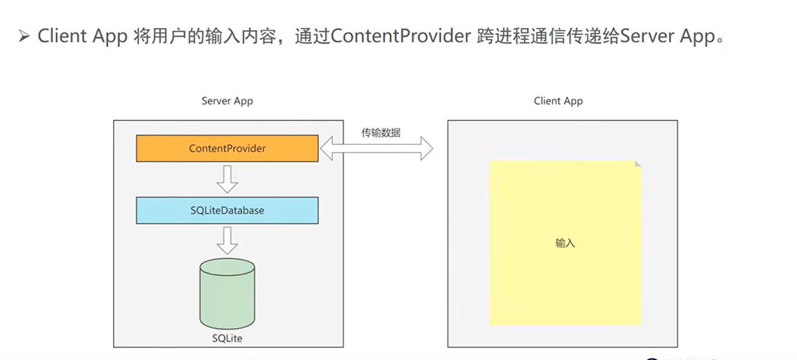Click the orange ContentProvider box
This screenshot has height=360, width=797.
pos(227,148)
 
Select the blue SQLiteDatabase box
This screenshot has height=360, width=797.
pos(227,210)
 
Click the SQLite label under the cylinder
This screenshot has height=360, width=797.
pos(228,337)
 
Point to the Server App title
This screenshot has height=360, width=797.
pos(227,101)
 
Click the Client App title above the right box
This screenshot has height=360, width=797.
pos(558,101)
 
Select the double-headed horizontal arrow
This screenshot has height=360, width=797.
pos(377,148)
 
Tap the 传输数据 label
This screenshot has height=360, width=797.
pos(381,133)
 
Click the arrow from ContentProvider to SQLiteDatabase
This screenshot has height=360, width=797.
pos(227,178)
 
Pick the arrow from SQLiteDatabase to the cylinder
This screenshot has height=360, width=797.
pos(227,240)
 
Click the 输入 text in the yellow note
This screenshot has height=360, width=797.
pos(565,243)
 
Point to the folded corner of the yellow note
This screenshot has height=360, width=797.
pos(638,164)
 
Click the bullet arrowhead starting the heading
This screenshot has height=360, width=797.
pos(24,36)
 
